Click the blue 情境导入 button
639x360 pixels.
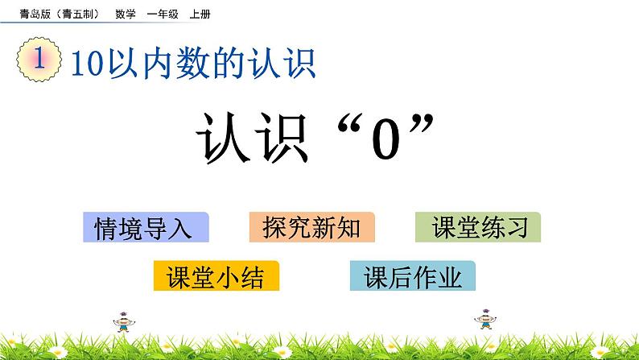tap(145, 228)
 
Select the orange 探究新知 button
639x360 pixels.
tap(311, 228)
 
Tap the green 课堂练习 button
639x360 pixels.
tap(478, 228)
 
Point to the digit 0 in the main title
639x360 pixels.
tap(386, 143)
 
